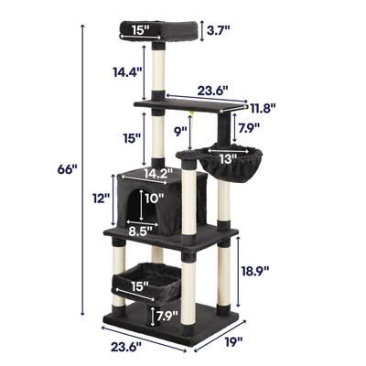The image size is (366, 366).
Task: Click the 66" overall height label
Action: (x=67, y=169)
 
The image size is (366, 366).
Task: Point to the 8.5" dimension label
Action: (x=139, y=231)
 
